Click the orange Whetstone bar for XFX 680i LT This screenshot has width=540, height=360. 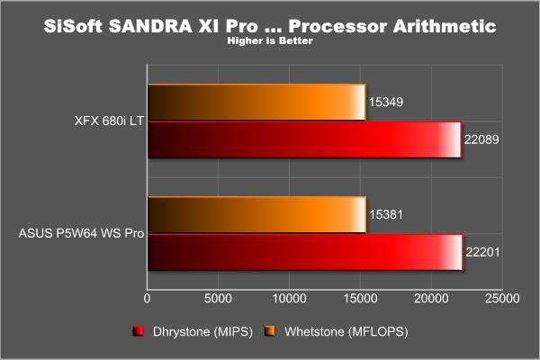point(256,103)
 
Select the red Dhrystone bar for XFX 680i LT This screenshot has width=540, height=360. point(305,139)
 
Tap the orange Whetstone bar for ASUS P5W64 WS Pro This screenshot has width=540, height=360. point(256,215)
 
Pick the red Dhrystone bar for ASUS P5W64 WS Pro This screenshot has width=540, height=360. point(305,252)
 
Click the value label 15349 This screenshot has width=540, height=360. point(386,102)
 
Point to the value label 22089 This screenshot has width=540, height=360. point(481,139)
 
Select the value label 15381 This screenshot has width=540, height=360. point(386,214)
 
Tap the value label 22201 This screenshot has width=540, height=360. point(482,252)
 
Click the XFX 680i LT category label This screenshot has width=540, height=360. point(109,121)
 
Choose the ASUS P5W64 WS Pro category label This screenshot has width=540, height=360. point(81,233)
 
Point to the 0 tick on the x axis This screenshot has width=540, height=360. point(147,298)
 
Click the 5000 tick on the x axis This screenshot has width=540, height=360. point(218,298)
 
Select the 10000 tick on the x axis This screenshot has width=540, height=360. point(289,298)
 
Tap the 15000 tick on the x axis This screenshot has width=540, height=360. point(361,298)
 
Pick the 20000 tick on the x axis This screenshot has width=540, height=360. point(431,298)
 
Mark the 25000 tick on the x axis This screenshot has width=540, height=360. point(502,298)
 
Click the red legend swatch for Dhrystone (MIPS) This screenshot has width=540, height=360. point(138,331)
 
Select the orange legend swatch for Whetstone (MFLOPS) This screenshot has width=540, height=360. point(270,331)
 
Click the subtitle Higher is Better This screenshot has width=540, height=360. point(270,40)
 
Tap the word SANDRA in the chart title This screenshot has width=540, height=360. point(150,26)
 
